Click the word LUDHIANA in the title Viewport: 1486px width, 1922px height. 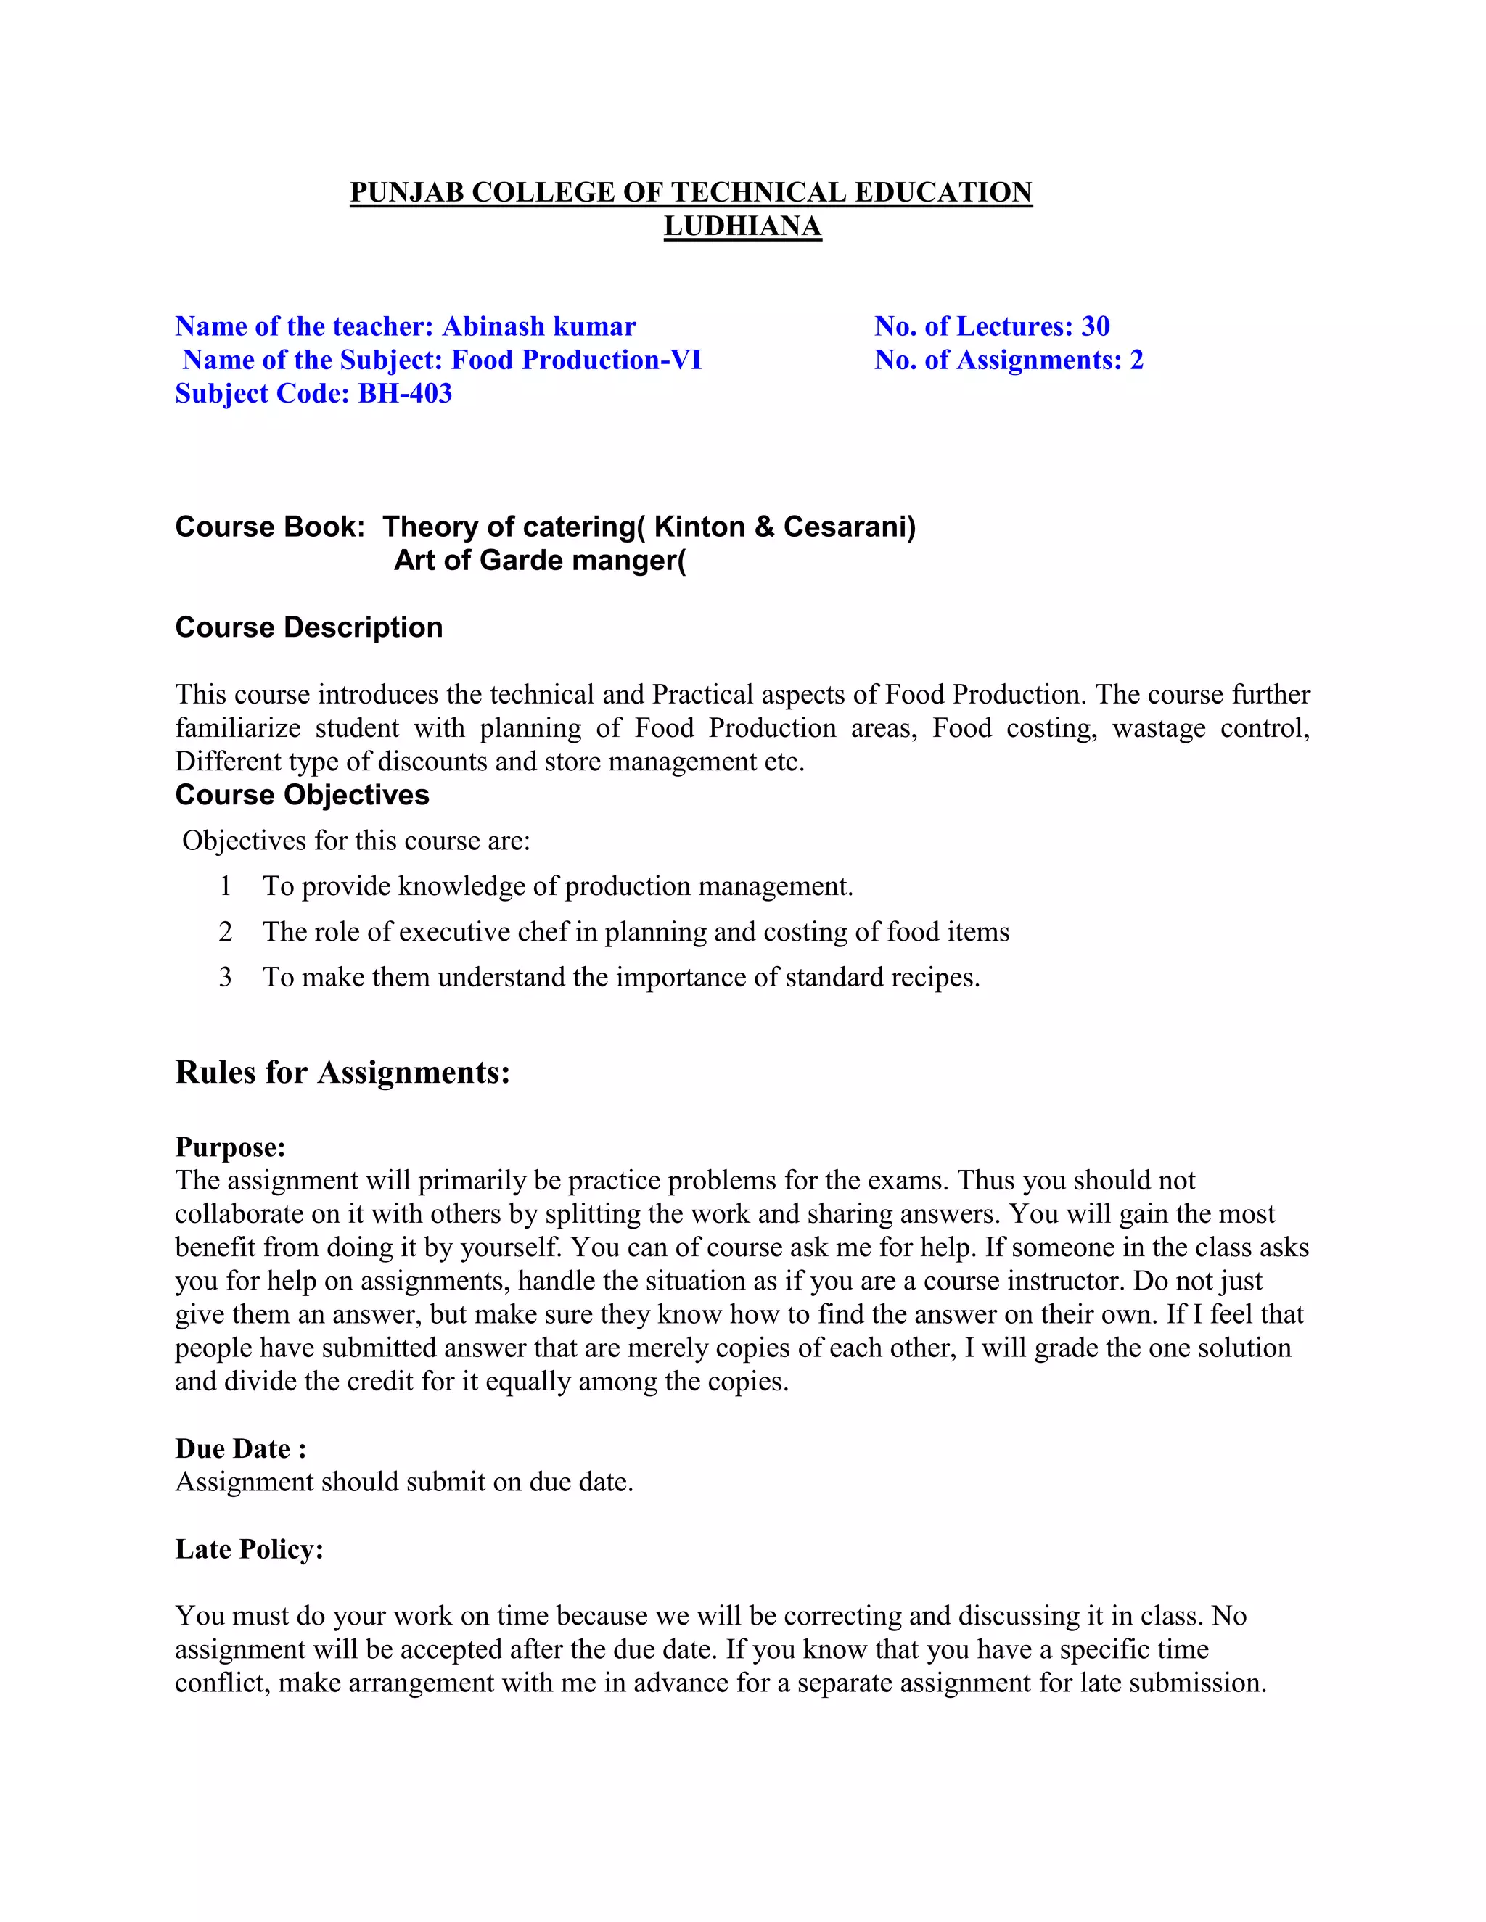[x=742, y=226]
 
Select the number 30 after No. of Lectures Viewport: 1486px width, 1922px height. [x=1094, y=326]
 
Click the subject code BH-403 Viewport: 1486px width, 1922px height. [x=405, y=393]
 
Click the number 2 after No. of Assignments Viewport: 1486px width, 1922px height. [x=1136, y=360]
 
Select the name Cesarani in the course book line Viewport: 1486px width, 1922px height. [x=849, y=527]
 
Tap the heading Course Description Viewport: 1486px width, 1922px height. [x=308, y=627]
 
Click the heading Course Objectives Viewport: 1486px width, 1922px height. [x=302, y=795]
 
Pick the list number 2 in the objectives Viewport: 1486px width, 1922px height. [x=226, y=931]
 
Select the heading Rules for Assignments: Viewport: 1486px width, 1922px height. [x=342, y=1072]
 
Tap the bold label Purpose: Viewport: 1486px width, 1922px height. [x=230, y=1147]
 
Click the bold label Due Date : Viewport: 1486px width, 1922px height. [x=240, y=1448]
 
